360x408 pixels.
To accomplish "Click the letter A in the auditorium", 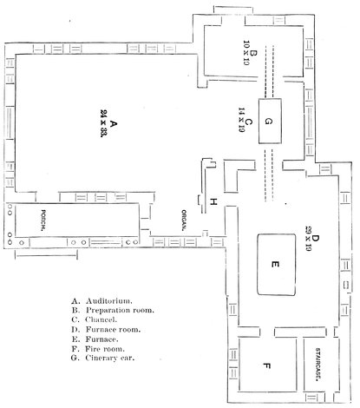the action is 114,124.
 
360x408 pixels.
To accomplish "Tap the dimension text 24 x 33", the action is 103,123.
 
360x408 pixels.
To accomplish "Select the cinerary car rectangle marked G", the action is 270,121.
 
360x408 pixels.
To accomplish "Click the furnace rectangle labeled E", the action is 277,265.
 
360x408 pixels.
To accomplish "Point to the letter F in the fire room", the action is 267,366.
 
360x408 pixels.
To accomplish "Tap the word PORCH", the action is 43,220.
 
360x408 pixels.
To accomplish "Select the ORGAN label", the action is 184,220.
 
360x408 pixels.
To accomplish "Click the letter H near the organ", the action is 213,201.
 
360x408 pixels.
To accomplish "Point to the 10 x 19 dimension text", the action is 246,53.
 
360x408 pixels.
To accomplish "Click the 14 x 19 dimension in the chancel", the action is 241,120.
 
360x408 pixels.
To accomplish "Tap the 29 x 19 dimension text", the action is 308,239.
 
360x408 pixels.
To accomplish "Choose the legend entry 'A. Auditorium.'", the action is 101,301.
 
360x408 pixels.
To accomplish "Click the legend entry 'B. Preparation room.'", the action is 113,310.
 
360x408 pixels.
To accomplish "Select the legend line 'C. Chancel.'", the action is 95,319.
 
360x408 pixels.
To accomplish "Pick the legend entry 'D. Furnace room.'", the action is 106,329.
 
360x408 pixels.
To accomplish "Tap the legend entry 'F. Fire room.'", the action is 98,349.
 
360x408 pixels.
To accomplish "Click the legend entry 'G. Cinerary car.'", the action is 103,358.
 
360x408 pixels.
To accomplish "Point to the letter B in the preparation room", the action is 253,53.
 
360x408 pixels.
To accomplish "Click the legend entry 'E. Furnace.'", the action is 95,339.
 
